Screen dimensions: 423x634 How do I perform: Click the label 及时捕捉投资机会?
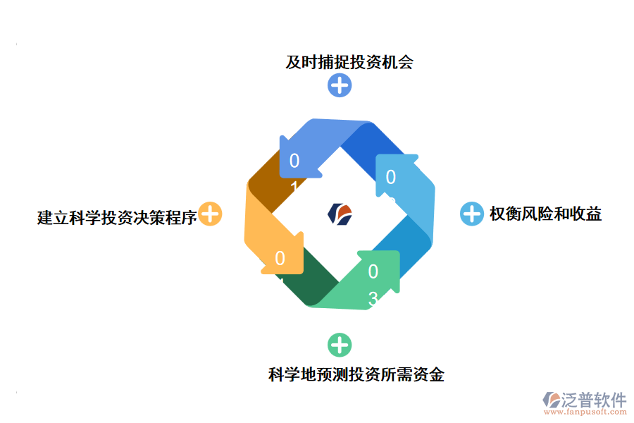pos(349,62)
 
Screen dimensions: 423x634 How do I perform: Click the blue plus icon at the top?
pos(340,85)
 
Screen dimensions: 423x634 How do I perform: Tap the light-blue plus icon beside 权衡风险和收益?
pos(471,214)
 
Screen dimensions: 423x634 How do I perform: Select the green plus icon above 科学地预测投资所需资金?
pos(340,345)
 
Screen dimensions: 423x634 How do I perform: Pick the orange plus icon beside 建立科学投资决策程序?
pos(210,214)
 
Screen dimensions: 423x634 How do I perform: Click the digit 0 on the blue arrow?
pos(294,161)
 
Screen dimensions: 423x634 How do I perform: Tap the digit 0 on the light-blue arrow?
pos(391,177)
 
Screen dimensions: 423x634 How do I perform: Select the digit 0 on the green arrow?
pos(373,271)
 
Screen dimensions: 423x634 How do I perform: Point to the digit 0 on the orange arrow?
pos(280,259)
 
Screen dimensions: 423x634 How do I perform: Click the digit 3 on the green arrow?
pos(373,300)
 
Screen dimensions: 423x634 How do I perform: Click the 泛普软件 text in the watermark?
pos(593,400)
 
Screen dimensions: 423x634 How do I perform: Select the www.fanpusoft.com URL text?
pos(587,413)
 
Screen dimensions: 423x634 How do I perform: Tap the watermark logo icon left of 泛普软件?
pos(550,400)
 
